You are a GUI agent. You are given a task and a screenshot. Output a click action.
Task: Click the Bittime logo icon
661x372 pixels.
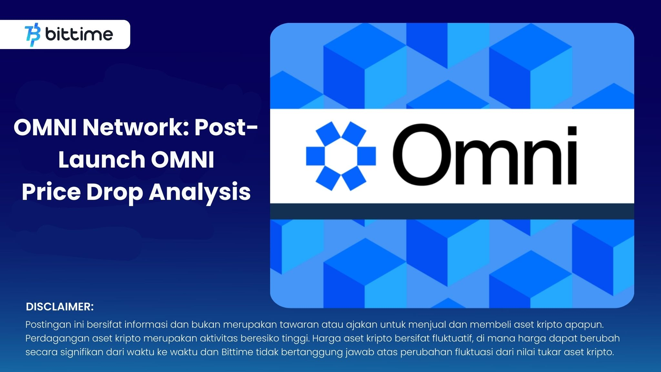[33, 35]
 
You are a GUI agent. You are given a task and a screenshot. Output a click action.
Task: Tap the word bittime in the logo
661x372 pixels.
[79, 34]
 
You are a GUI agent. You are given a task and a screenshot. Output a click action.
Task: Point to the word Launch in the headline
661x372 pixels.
[102, 160]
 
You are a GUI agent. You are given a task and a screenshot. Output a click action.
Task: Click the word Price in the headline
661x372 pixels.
[51, 192]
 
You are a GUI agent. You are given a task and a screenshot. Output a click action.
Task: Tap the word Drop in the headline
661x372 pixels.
[115, 192]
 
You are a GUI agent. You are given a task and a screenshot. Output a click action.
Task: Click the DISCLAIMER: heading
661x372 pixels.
[60, 307]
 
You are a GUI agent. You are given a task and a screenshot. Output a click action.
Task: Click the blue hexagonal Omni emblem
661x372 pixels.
[341, 156]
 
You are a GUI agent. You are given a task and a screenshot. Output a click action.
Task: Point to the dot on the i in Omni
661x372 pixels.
[572, 131]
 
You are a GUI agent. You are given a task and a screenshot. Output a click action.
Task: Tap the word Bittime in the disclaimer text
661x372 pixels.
[237, 352]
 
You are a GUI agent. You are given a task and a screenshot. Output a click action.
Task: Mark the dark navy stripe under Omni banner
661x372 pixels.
[452, 211]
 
